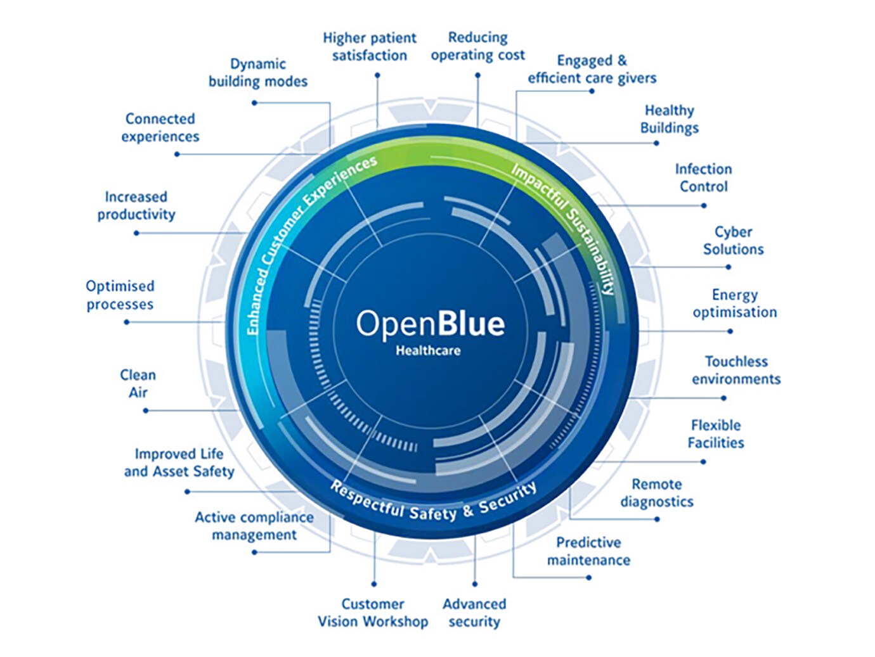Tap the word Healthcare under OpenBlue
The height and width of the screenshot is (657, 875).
(x=428, y=350)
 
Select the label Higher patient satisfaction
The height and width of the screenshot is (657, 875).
(x=370, y=47)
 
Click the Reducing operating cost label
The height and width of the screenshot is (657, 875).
(x=478, y=46)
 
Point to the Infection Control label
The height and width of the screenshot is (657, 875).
(x=703, y=178)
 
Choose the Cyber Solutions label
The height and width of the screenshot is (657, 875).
(x=733, y=241)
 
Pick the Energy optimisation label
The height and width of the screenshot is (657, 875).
(x=734, y=303)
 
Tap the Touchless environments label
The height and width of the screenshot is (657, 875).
(x=736, y=371)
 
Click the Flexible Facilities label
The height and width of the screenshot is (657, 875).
(x=716, y=434)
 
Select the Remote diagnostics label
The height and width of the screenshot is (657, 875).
(x=657, y=493)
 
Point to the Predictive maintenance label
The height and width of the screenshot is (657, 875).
(x=588, y=551)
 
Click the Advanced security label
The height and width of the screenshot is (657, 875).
(x=474, y=613)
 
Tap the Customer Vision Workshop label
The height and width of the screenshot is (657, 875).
(x=373, y=613)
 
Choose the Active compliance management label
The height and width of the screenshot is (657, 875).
(x=254, y=526)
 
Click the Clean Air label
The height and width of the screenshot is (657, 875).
(x=138, y=384)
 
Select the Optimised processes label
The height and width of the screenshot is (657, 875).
(x=120, y=295)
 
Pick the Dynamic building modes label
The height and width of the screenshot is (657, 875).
(x=258, y=72)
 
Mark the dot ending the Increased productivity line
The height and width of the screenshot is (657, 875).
(x=136, y=233)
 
